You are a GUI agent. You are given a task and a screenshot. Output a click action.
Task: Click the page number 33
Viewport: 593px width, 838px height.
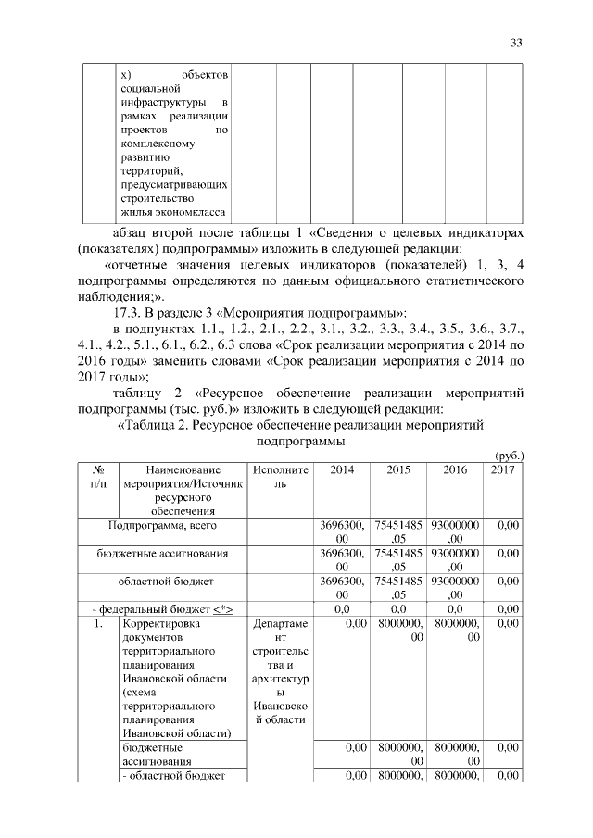516,43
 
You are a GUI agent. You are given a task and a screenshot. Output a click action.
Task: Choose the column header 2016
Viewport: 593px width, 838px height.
455,470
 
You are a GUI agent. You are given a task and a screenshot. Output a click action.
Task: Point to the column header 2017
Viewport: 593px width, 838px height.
507,470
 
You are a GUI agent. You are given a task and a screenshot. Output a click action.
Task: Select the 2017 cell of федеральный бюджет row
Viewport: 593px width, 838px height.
507,608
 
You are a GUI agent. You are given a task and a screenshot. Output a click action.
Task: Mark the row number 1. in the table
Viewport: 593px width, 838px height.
98,625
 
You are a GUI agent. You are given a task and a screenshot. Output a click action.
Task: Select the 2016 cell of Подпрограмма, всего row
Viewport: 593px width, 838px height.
455,532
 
